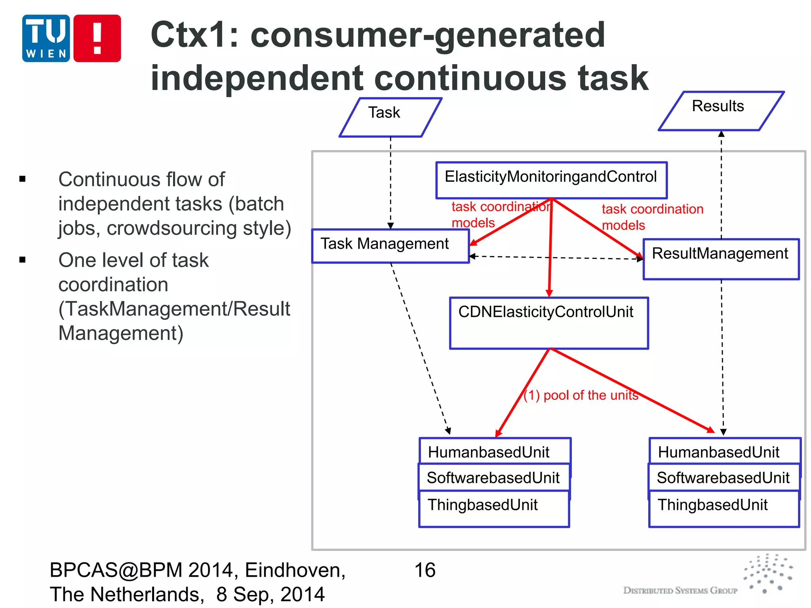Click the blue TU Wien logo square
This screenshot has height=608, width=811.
click(x=46, y=38)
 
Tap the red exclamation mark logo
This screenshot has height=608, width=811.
click(x=97, y=38)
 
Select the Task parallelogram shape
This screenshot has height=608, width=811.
click(x=390, y=117)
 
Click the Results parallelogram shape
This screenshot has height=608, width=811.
click(x=721, y=111)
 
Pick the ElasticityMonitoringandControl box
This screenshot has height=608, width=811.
click(x=551, y=180)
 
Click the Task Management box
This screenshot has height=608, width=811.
click(x=390, y=246)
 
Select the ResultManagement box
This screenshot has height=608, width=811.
click(x=721, y=259)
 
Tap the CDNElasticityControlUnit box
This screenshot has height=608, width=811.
click(x=548, y=323)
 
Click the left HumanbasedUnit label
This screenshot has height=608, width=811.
click(x=489, y=452)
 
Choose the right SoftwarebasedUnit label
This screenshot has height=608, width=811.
click(x=723, y=478)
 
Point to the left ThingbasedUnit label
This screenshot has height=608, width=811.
click(x=483, y=505)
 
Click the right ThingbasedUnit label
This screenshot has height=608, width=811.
click(x=713, y=505)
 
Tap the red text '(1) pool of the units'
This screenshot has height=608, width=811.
click(x=581, y=395)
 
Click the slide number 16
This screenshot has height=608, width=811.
click(x=425, y=570)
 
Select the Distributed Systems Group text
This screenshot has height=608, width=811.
click(x=680, y=591)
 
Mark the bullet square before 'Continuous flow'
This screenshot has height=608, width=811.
click(x=23, y=179)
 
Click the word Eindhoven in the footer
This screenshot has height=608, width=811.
click(x=295, y=570)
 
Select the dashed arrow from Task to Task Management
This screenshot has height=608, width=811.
click(x=390, y=182)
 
